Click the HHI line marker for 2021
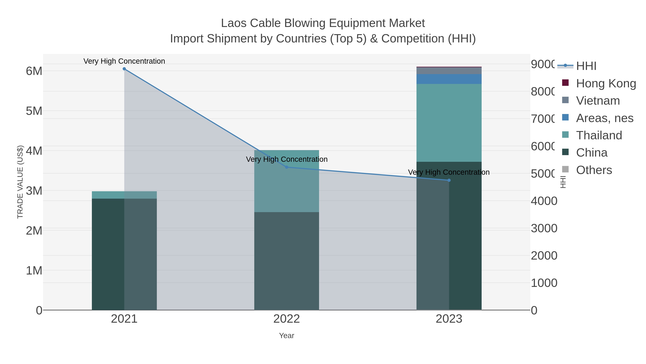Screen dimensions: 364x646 124,69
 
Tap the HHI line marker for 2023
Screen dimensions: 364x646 449,180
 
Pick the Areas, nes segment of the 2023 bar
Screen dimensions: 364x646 449,79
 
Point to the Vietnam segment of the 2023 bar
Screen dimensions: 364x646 449,71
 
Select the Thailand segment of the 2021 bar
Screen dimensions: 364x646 124,195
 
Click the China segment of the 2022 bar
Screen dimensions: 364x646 287,261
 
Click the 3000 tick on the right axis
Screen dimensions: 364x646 544,228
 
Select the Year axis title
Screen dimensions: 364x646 287,336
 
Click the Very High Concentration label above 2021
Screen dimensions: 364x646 124,61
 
